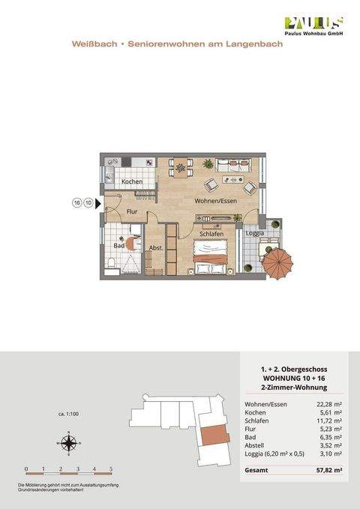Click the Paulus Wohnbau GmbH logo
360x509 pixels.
312,26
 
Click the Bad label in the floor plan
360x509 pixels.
118,245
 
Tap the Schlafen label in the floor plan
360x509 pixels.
213,234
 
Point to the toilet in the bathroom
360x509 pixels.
111,262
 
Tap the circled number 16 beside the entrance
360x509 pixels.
76,202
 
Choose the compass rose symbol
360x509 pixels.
68,444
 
